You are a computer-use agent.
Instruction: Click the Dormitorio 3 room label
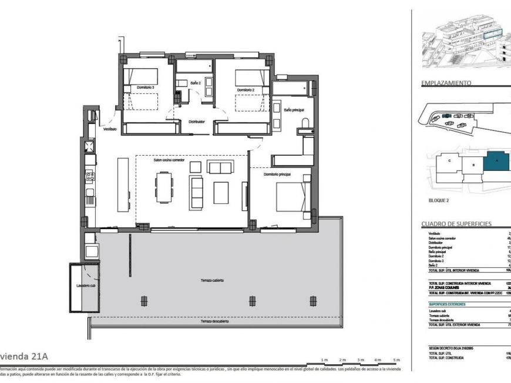[x=146, y=88]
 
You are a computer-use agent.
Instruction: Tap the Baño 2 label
[x=196, y=83]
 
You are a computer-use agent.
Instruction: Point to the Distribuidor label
[x=196, y=122]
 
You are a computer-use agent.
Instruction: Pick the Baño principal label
[x=294, y=110]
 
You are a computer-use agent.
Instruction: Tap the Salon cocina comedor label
[x=169, y=160]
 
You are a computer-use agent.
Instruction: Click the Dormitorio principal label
[x=277, y=174]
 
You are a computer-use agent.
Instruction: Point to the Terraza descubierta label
[x=214, y=321]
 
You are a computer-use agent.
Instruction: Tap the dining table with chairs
[x=164, y=186]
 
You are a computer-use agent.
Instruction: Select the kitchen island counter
[x=123, y=183]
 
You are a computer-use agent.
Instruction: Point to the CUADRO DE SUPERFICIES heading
[x=456, y=224]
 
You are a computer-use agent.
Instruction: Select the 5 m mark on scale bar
[x=396, y=360]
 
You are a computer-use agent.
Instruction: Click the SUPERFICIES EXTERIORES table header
[x=448, y=304]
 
